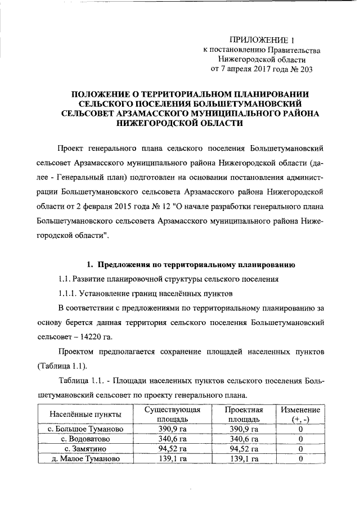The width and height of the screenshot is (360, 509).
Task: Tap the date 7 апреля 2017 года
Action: coord(249,69)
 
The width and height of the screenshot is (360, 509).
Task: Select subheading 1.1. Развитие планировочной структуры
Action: coord(168,279)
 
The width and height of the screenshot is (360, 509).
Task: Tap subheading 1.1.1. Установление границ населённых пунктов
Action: coord(153,294)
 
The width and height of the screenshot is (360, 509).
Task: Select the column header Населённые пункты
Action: coord(85,414)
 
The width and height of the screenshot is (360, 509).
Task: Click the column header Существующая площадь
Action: coord(173,414)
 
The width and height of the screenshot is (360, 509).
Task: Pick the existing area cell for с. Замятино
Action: coord(173,449)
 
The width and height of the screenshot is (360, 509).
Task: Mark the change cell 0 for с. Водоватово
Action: coord(300,439)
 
